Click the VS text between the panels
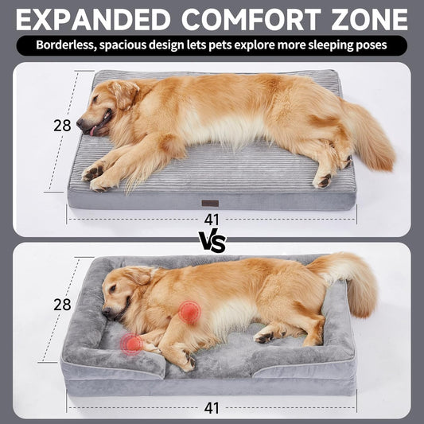(x=212, y=242)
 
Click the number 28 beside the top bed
(x=62, y=125)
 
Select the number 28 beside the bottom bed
(x=62, y=305)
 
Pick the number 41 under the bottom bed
(x=211, y=408)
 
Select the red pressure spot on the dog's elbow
(x=189, y=312)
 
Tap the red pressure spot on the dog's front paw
(x=131, y=344)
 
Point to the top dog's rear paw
(x=323, y=181)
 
